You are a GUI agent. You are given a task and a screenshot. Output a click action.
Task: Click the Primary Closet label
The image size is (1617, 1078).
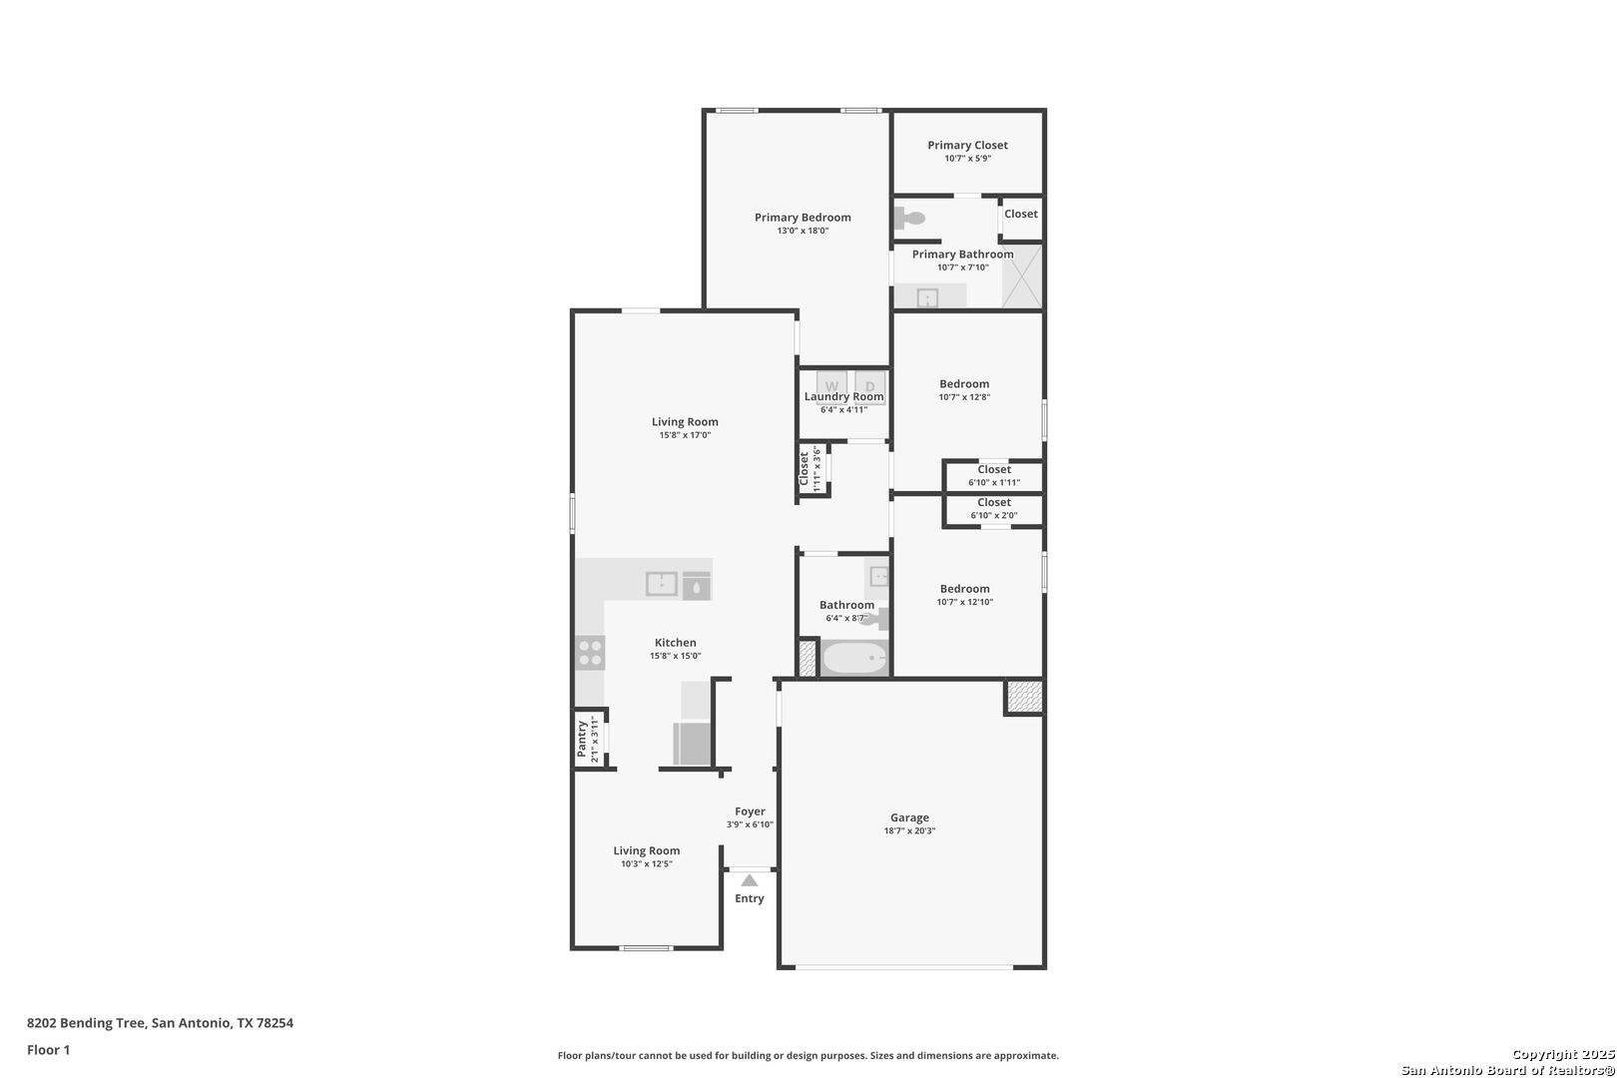coord(967,145)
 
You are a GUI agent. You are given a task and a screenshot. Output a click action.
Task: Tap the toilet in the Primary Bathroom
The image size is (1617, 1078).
coord(909,218)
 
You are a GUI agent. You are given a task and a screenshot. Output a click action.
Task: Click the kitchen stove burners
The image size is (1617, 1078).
coord(591,653)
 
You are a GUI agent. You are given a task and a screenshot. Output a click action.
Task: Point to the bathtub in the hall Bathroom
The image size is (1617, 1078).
coord(855,658)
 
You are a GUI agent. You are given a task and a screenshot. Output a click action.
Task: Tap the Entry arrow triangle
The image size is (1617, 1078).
coord(750,880)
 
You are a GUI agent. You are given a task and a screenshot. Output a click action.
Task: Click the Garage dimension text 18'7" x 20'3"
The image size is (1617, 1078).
coord(909,831)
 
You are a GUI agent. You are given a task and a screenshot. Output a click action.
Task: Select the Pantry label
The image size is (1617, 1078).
coord(581,739)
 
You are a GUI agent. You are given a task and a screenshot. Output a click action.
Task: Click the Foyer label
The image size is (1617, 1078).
coord(750,811)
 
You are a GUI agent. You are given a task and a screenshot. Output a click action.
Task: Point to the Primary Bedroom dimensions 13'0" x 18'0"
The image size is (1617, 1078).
coord(803,231)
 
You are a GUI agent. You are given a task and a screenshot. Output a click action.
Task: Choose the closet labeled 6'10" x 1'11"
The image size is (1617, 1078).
coord(994,476)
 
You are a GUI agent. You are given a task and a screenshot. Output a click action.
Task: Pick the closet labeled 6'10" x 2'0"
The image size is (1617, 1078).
coord(994,510)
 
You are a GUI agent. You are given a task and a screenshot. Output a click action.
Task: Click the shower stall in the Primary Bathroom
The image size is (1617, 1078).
coord(1022,276)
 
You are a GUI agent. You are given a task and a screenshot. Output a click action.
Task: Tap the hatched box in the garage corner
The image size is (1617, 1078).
coord(1024,697)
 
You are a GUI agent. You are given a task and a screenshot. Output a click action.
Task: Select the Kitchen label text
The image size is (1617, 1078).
coord(676,643)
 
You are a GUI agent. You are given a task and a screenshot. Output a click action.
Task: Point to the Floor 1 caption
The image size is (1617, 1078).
coord(48,1051)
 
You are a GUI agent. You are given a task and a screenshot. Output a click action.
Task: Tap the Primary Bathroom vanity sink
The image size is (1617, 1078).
coord(927,297)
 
